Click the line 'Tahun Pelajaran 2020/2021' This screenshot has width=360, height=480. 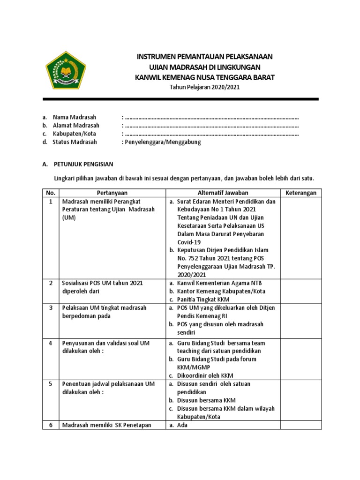pos(204,89)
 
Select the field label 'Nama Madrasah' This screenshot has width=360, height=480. pos(72,117)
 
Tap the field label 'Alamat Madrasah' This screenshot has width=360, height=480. pos(75,125)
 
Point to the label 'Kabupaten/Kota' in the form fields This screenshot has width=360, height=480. pos(74,134)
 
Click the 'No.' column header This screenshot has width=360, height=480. pos(51,193)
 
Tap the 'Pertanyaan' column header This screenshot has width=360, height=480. pos(112,193)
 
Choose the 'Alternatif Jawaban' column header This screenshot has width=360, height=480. pos(223,193)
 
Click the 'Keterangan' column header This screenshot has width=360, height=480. pos(301,193)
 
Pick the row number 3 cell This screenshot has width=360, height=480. pos(51,307)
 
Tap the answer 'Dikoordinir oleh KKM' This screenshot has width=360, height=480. pos(205,375)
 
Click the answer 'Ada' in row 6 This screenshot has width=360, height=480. pos(182,426)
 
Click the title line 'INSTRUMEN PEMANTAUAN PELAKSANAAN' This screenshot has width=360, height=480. pos(204,56)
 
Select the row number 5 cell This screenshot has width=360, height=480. pos(51,384)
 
